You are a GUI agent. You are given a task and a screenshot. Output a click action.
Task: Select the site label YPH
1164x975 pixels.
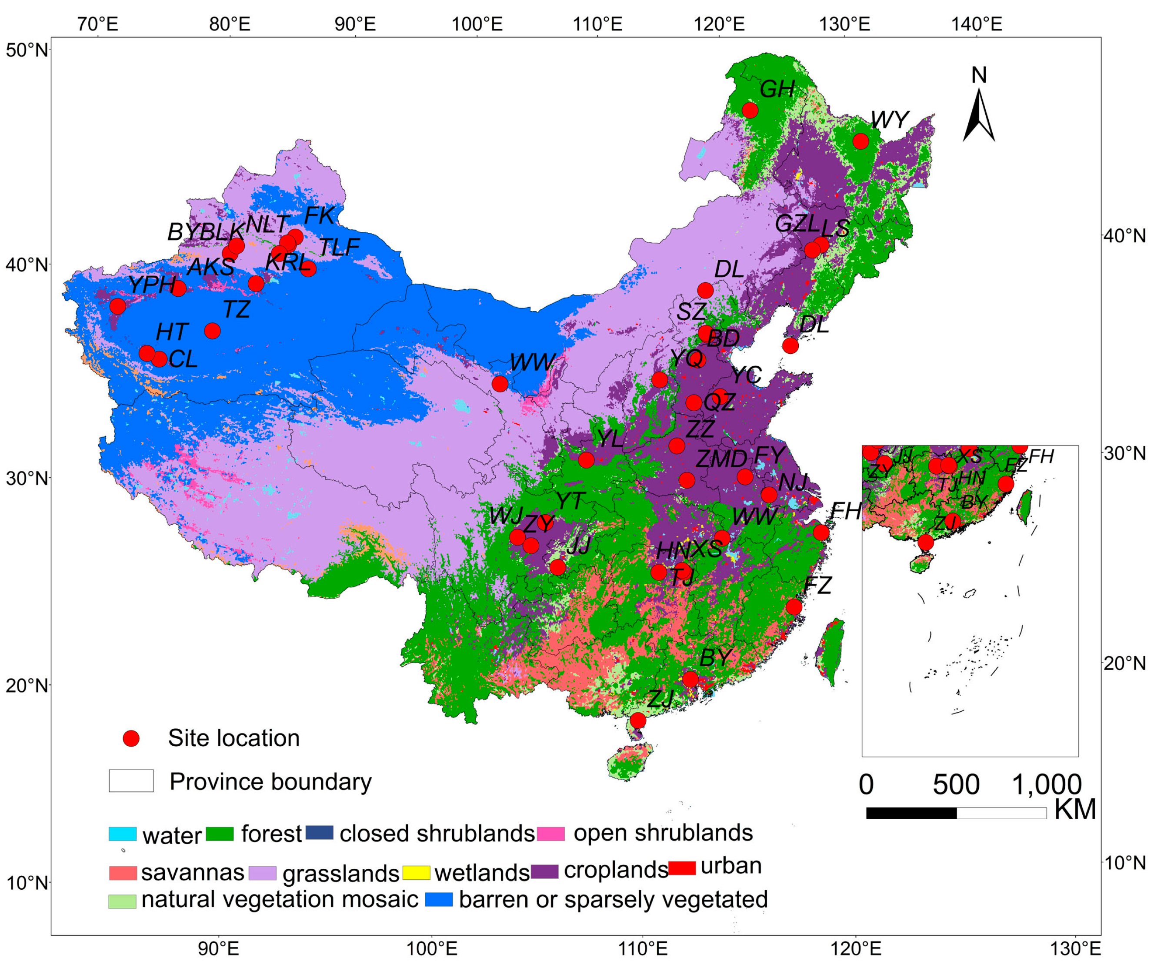click(x=152, y=285)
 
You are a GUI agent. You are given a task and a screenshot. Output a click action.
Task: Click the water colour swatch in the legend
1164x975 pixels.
click(x=123, y=834)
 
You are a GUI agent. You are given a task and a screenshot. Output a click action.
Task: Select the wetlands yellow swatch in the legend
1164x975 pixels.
click(x=416, y=872)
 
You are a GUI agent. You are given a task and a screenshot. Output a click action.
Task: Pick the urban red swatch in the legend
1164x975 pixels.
click(x=682, y=868)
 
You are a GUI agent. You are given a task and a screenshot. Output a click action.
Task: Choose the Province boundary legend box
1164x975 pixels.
click(x=131, y=781)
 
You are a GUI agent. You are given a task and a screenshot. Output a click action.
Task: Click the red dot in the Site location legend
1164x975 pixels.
click(x=131, y=738)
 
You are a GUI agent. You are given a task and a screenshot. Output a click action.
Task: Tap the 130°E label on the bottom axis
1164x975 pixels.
click(x=1075, y=949)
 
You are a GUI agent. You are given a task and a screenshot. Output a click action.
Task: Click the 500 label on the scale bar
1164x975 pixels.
click(x=956, y=785)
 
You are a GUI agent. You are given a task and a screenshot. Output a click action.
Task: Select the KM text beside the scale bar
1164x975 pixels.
click(x=1075, y=810)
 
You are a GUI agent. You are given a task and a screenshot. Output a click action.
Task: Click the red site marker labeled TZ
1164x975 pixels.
click(x=212, y=331)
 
